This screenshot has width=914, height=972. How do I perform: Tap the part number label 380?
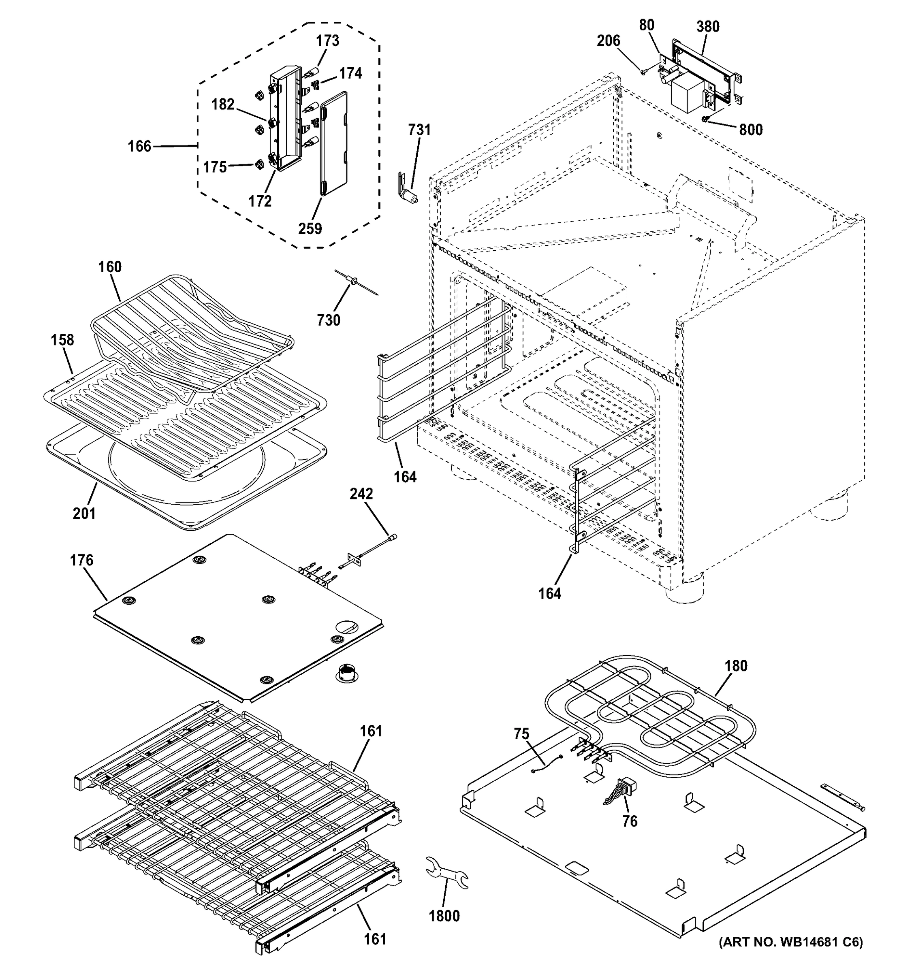[x=708, y=26]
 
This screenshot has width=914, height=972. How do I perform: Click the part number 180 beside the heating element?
[x=736, y=666]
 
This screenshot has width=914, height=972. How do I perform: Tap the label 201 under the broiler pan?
[x=84, y=514]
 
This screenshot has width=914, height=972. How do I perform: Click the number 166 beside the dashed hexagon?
[x=139, y=146]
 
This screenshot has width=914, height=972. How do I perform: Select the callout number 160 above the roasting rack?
[x=109, y=267]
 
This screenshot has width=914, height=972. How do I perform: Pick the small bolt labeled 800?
[x=705, y=119]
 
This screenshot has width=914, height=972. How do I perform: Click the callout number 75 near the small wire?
[x=521, y=734]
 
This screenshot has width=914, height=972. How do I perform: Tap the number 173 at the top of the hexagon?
[x=327, y=40]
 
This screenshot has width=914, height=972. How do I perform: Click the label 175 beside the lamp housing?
[x=215, y=167]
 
